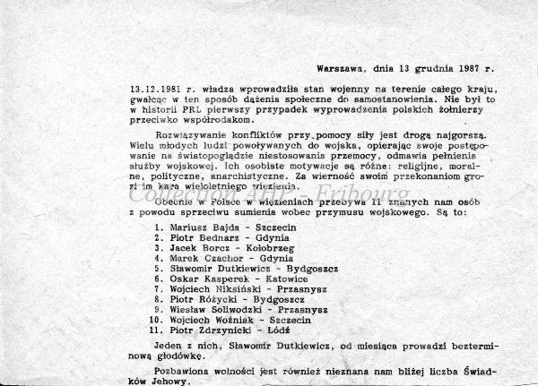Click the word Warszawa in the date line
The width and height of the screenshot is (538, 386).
pyautogui.click(x=340, y=68)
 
